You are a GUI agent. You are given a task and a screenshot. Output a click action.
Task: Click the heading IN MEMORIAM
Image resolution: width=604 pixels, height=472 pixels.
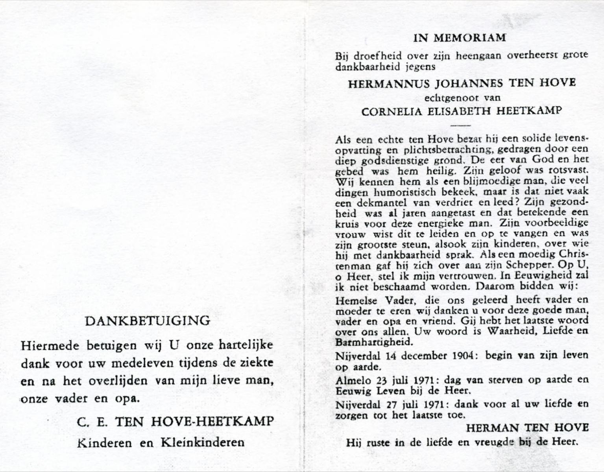460,38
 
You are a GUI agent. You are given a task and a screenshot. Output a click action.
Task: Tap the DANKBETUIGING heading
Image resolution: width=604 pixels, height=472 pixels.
148,321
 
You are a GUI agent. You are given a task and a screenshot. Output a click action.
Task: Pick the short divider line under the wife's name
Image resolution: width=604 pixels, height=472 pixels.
460,125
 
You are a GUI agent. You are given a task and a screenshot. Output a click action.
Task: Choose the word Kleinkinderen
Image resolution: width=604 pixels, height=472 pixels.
202,442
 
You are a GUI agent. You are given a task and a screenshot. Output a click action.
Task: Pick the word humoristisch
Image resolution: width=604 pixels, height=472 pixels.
401,192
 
